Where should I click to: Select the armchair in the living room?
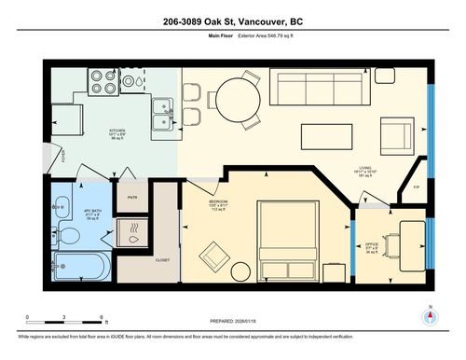click(x=399, y=134)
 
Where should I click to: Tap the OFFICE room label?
click(x=370, y=245)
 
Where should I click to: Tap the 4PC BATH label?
click(x=92, y=211)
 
